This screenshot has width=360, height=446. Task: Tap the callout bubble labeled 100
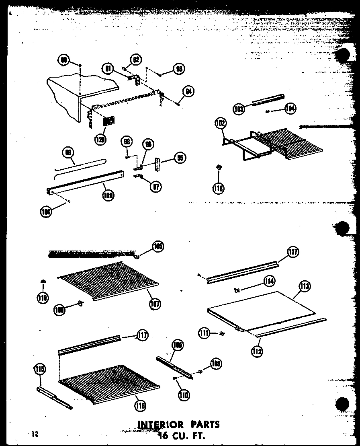pyautogui.click(x=108, y=195)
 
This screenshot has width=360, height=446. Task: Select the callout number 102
pyautogui.click(x=221, y=123)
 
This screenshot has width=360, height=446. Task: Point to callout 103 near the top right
pyautogui.click(x=239, y=109)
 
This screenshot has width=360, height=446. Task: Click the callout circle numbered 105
pyautogui.click(x=157, y=246)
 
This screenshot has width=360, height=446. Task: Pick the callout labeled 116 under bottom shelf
pyautogui.click(x=140, y=405)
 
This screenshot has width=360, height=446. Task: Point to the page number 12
pyautogui.click(x=35, y=434)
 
